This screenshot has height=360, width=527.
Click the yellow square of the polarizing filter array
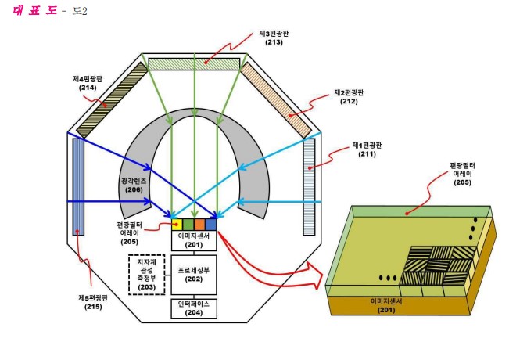click(177, 225)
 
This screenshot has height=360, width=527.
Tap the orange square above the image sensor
click(199, 225)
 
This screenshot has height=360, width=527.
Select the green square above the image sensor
click(188, 225)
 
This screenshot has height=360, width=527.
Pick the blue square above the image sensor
click(211, 225)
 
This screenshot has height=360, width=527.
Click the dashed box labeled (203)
click(147, 275)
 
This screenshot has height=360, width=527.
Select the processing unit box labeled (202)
click(194, 275)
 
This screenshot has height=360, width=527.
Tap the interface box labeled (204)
click(194, 308)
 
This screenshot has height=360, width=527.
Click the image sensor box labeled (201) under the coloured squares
click(194, 240)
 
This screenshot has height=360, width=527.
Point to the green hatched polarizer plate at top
click(194, 64)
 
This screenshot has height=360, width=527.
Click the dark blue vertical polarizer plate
click(79, 187)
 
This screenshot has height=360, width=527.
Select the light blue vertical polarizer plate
click(309, 187)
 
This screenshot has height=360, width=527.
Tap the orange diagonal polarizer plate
click(276, 100)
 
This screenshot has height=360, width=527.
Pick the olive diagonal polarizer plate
click(113, 100)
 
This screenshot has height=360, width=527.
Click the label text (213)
click(274, 42)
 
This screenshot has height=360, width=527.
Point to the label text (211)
click(367, 154)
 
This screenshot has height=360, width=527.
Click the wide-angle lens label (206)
click(134, 189)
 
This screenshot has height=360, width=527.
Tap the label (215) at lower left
click(93, 307)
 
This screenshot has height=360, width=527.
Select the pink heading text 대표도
click(34, 11)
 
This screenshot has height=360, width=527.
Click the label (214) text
click(88, 88)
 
